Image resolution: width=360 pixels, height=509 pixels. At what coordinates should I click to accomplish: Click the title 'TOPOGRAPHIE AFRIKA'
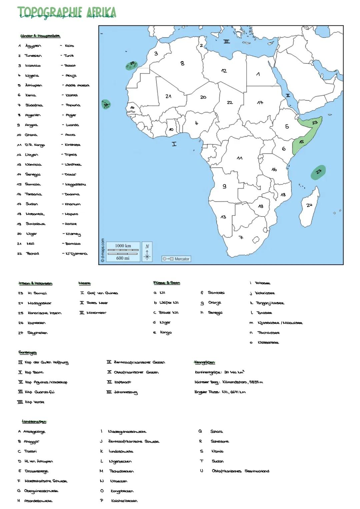pyautogui.click(x=67, y=13)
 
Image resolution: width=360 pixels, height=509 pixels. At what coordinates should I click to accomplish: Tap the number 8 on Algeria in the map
pyautogui.click(x=182, y=63)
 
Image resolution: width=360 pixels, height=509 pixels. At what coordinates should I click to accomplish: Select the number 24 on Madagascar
pyautogui.click(x=309, y=205)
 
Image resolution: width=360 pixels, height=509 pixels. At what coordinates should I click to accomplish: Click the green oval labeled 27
pyautogui.click(x=318, y=172)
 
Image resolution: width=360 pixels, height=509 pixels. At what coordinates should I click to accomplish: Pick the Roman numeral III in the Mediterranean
pyautogui.click(x=227, y=42)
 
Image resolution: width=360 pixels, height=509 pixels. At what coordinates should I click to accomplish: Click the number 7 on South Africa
pyautogui.click(x=241, y=238)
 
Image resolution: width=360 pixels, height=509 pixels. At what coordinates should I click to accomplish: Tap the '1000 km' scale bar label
pyautogui.click(x=123, y=246)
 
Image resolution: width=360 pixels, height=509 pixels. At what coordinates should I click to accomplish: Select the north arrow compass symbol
pyautogui.click(x=147, y=251)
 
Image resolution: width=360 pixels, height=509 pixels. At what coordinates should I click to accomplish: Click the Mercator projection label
pyautogui.click(x=177, y=259)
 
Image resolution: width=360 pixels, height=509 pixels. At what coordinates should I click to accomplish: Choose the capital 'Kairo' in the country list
pyautogui.click(x=69, y=46)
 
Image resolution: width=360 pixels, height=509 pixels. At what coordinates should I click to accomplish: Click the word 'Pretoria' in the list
pyautogui.click(x=73, y=105)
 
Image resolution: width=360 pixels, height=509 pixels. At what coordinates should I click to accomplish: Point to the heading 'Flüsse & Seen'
pyautogui.click(x=167, y=283)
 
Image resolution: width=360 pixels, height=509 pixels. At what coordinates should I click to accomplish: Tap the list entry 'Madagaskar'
pyautogui.click(x=40, y=303)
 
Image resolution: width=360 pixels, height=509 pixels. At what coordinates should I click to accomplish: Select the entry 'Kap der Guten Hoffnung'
pyautogui.click(x=46, y=363)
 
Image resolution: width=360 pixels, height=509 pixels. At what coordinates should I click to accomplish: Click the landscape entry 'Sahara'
pyautogui.click(x=217, y=432)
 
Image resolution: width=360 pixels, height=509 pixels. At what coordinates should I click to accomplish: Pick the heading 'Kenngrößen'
pyautogui.click(x=204, y=362)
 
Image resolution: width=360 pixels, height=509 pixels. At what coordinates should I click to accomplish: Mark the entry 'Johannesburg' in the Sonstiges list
pyautogui.click(x=126, y=392)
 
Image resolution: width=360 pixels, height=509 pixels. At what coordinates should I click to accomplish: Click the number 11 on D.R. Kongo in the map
pyautogui.click(x=239, y=158)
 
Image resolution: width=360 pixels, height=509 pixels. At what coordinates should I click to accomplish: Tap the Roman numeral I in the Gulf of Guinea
pyautogui.click(x=174, y=144)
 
